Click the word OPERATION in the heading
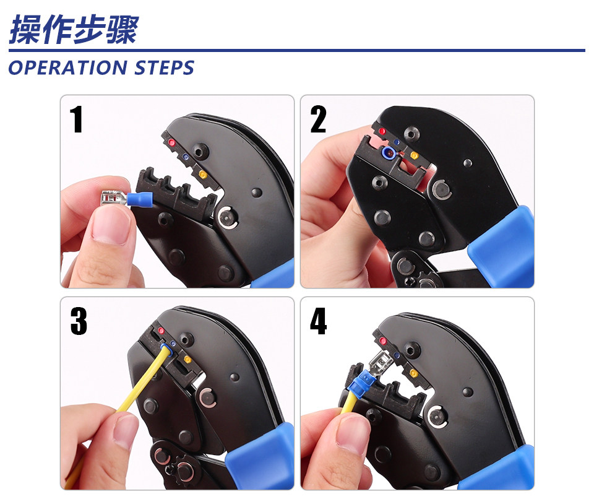point(67,68)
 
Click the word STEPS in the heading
point(165,68)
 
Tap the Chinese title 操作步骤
point(74,30)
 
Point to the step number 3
point(79,321)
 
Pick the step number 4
point(318,321)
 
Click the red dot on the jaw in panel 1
point(171,143)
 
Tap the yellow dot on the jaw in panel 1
point(203,175)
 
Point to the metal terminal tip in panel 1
point(114,198)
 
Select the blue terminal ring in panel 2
point(389,152)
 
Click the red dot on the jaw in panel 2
point(382,131)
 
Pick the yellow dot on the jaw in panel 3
point(187,359)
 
